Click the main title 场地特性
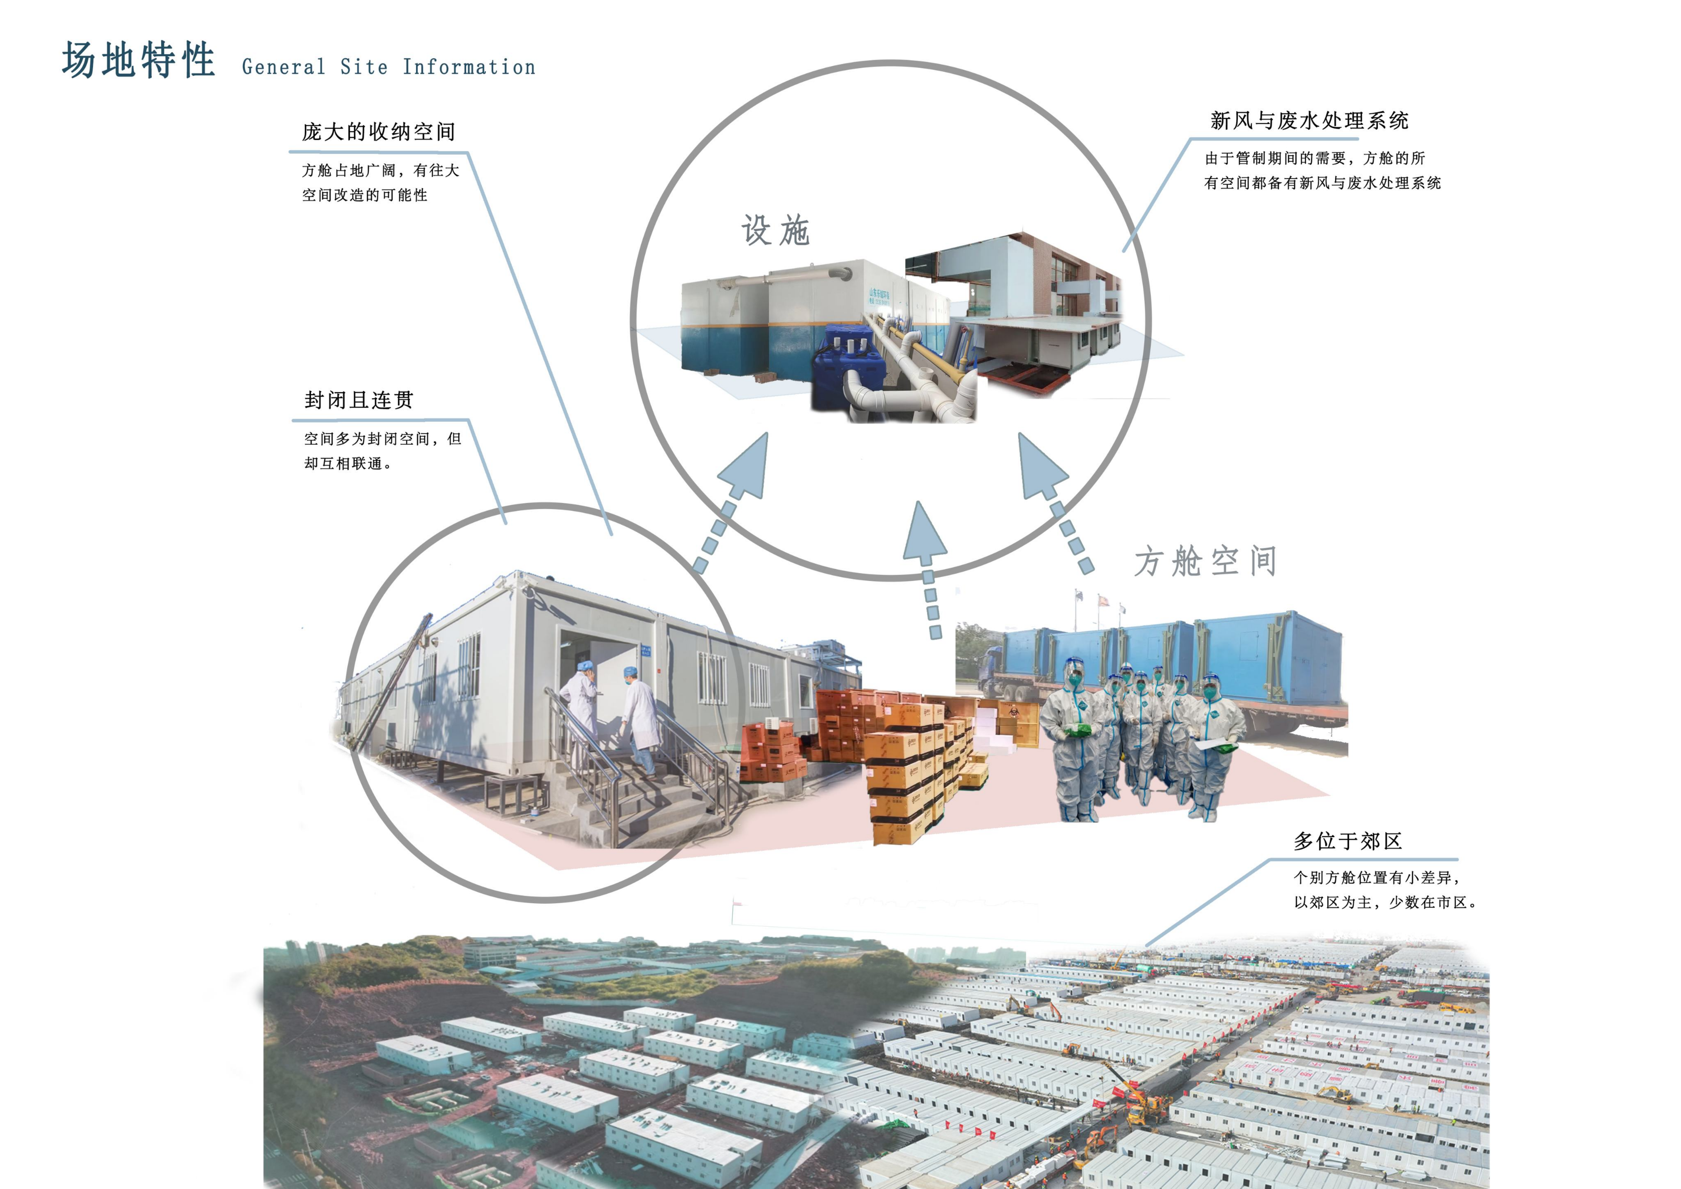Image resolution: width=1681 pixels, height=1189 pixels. (138, 60)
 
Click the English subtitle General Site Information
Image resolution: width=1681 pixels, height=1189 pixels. (388, 67)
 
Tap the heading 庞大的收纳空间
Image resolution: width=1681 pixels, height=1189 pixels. (379, 132)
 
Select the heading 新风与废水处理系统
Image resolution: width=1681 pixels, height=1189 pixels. (1309, 121)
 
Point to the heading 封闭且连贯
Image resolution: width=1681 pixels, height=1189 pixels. (359, 400)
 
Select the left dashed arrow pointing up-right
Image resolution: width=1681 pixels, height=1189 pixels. (732, 506)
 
